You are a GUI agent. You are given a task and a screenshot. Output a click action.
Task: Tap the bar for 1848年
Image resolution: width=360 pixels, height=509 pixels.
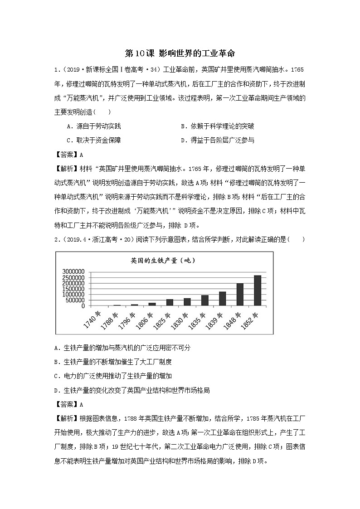point(240,295)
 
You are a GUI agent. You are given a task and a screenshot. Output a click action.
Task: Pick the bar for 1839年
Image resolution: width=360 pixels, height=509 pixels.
point(222,299)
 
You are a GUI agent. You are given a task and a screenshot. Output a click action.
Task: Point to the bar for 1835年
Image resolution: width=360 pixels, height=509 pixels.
point(204,301)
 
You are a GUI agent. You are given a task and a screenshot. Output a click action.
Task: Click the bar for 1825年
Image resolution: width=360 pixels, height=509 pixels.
point(169,302)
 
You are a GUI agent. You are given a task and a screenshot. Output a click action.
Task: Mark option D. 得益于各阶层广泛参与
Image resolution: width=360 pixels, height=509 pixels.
point(217,140)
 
